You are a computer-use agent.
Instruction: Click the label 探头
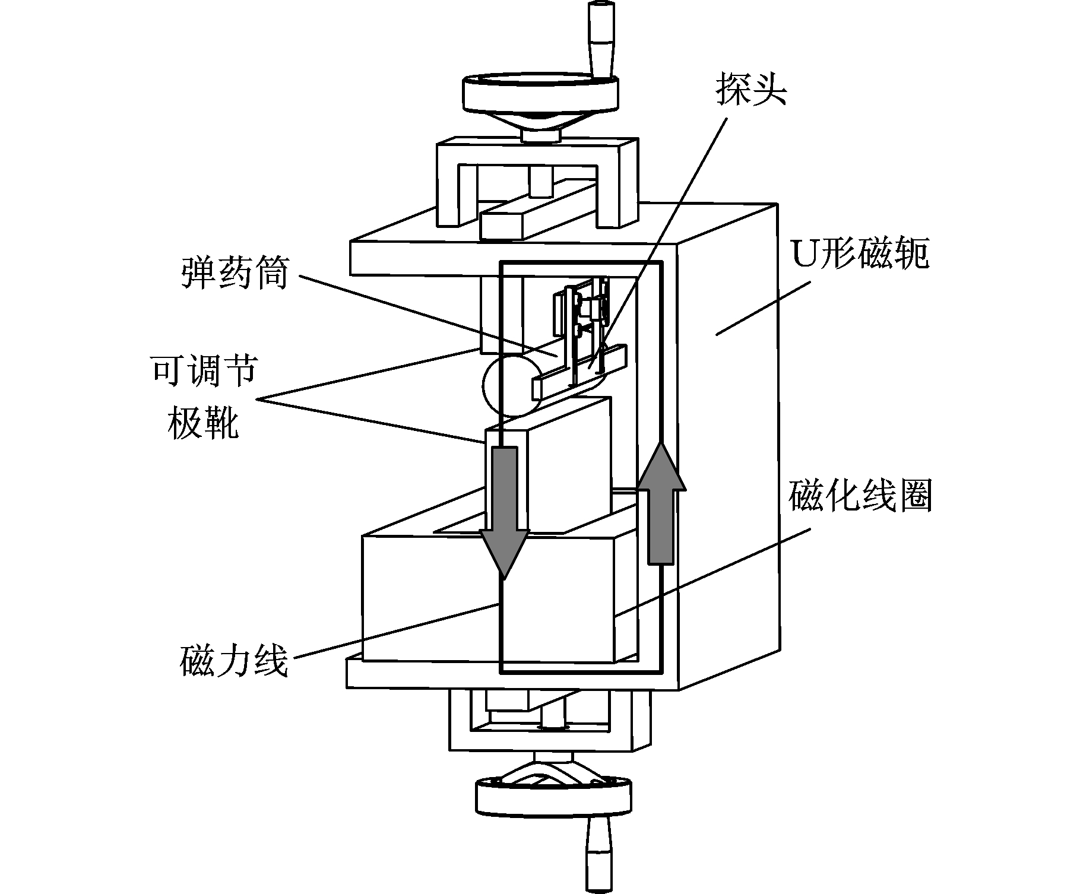click(751, 89)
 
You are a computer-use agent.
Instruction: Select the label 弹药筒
click(235, 272)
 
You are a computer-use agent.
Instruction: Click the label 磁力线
click(234, 661)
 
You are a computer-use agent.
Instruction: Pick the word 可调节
click(204, 370)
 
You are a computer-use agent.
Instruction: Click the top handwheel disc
click(540, 93)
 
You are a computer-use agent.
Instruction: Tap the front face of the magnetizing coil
click(488, 599)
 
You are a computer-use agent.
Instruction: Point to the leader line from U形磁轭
click(764, 307)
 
